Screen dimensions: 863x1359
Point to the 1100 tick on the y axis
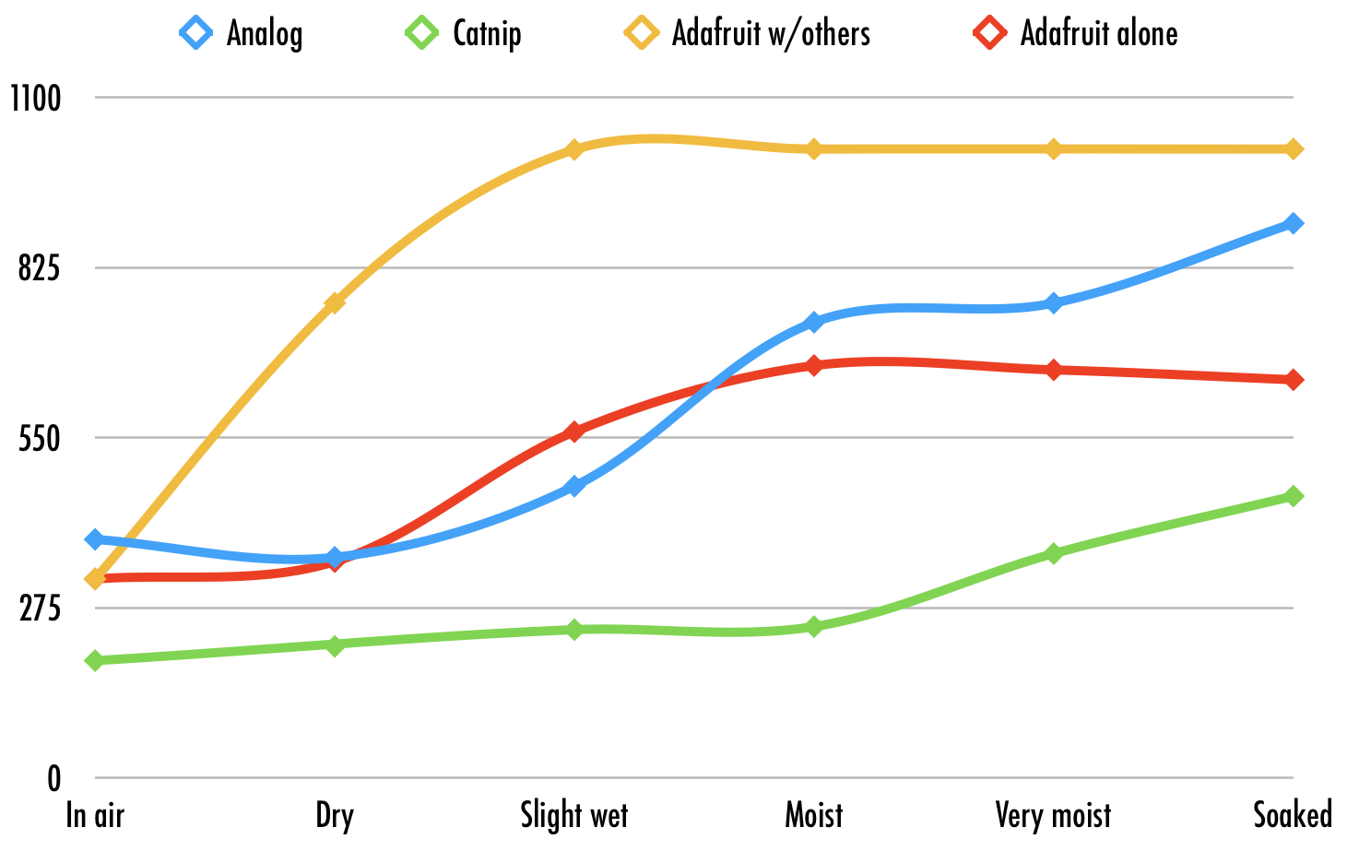pos(35,98)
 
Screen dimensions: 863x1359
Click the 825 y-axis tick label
pos(39,268)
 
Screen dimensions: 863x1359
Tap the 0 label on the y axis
pos(53,779)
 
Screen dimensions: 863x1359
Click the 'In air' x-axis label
pos(95,816)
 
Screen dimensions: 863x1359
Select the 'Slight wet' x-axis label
pos(573,816)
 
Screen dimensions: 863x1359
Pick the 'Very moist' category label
pos(1053,816)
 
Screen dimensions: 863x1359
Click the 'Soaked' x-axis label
pos(1292,816)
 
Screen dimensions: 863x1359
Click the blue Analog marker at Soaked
pos(1294,223)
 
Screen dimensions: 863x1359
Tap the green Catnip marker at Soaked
pos(1294,496)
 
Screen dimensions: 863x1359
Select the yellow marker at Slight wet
pos(573,149)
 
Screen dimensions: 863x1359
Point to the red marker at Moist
pos(813,365)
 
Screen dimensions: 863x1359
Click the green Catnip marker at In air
pos(95,660)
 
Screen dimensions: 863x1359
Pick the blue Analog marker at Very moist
pos(1053,303)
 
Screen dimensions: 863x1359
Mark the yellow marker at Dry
pos(335,302)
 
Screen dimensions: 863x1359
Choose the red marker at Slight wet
pos(573,431)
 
